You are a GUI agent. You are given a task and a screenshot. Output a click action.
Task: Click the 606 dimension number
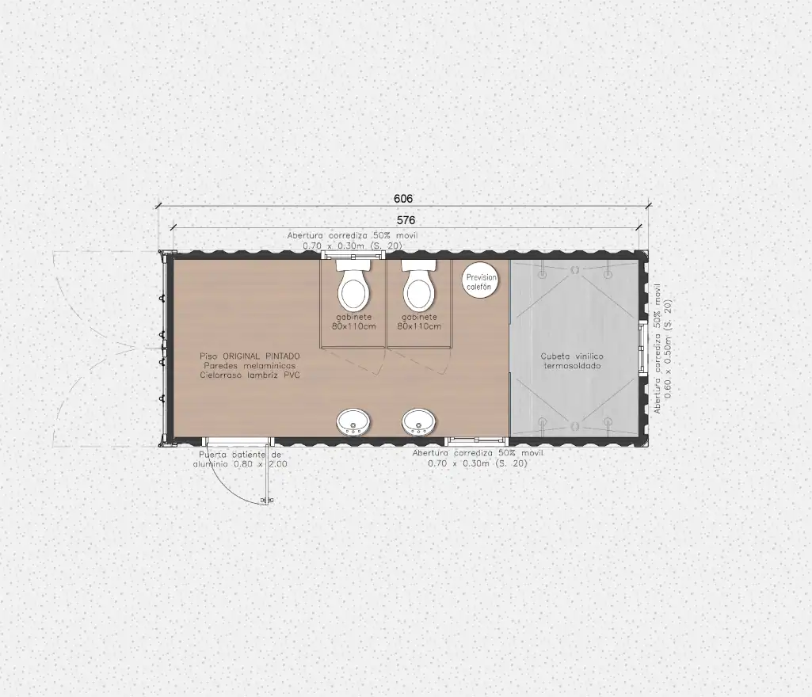[403, 199]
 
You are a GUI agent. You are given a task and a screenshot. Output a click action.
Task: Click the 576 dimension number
[406, 221]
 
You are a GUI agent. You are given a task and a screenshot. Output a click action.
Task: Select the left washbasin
[353, 422]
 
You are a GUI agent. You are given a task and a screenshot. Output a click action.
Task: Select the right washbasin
[419, 422]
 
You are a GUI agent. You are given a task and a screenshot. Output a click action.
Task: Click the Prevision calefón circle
[480, 282]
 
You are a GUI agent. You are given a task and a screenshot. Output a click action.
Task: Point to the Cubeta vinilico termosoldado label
[572, 361]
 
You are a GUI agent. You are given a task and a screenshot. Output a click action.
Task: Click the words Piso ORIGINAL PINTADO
[250, 356]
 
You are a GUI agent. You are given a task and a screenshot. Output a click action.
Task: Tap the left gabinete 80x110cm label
[353, 322]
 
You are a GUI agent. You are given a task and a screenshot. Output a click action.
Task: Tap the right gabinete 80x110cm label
[419, 322]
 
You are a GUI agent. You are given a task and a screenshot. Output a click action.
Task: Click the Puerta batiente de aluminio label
[240, 459]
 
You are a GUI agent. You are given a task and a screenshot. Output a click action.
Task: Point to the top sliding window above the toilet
[353, 254]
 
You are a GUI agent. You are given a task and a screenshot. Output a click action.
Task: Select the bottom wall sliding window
[477, 441]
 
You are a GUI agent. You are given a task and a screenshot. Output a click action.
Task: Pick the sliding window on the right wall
[642, 347]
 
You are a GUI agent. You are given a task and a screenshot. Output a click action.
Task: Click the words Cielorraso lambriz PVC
[250, 375]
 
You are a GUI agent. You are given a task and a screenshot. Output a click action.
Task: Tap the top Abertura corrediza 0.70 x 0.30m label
[353, 241]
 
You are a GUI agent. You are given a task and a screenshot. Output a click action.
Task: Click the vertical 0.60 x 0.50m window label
[662, 348]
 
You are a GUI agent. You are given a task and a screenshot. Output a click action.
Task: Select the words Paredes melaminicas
[250, 366]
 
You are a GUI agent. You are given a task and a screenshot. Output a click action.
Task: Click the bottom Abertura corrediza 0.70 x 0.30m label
[478, 459]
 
